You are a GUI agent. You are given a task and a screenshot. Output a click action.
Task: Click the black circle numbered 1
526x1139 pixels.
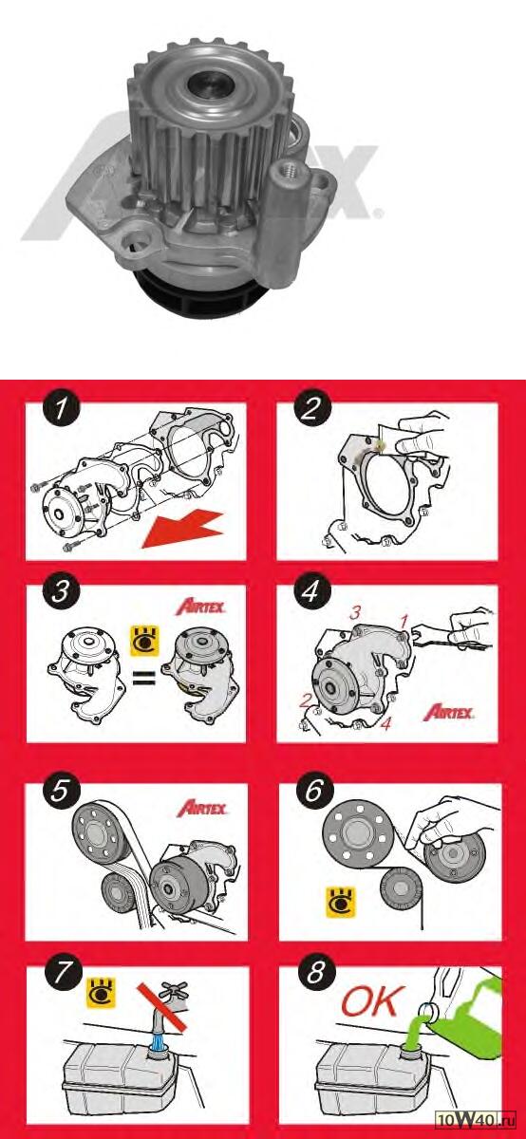[x=61, y=408]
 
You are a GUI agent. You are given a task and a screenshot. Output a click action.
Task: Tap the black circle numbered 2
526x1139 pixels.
[x=311, y=408]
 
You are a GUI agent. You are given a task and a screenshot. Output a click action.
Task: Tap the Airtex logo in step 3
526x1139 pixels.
[x=200, y=607]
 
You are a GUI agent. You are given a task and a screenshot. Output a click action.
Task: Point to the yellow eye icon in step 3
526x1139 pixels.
[x=145, y=641]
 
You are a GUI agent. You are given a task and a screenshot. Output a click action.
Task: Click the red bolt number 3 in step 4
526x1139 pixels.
[x=354, y=613]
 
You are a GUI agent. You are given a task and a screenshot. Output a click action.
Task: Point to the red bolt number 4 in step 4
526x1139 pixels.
[x=386, y=723]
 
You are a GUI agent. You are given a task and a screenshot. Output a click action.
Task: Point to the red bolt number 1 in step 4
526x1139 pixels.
[x=404, y=622]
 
